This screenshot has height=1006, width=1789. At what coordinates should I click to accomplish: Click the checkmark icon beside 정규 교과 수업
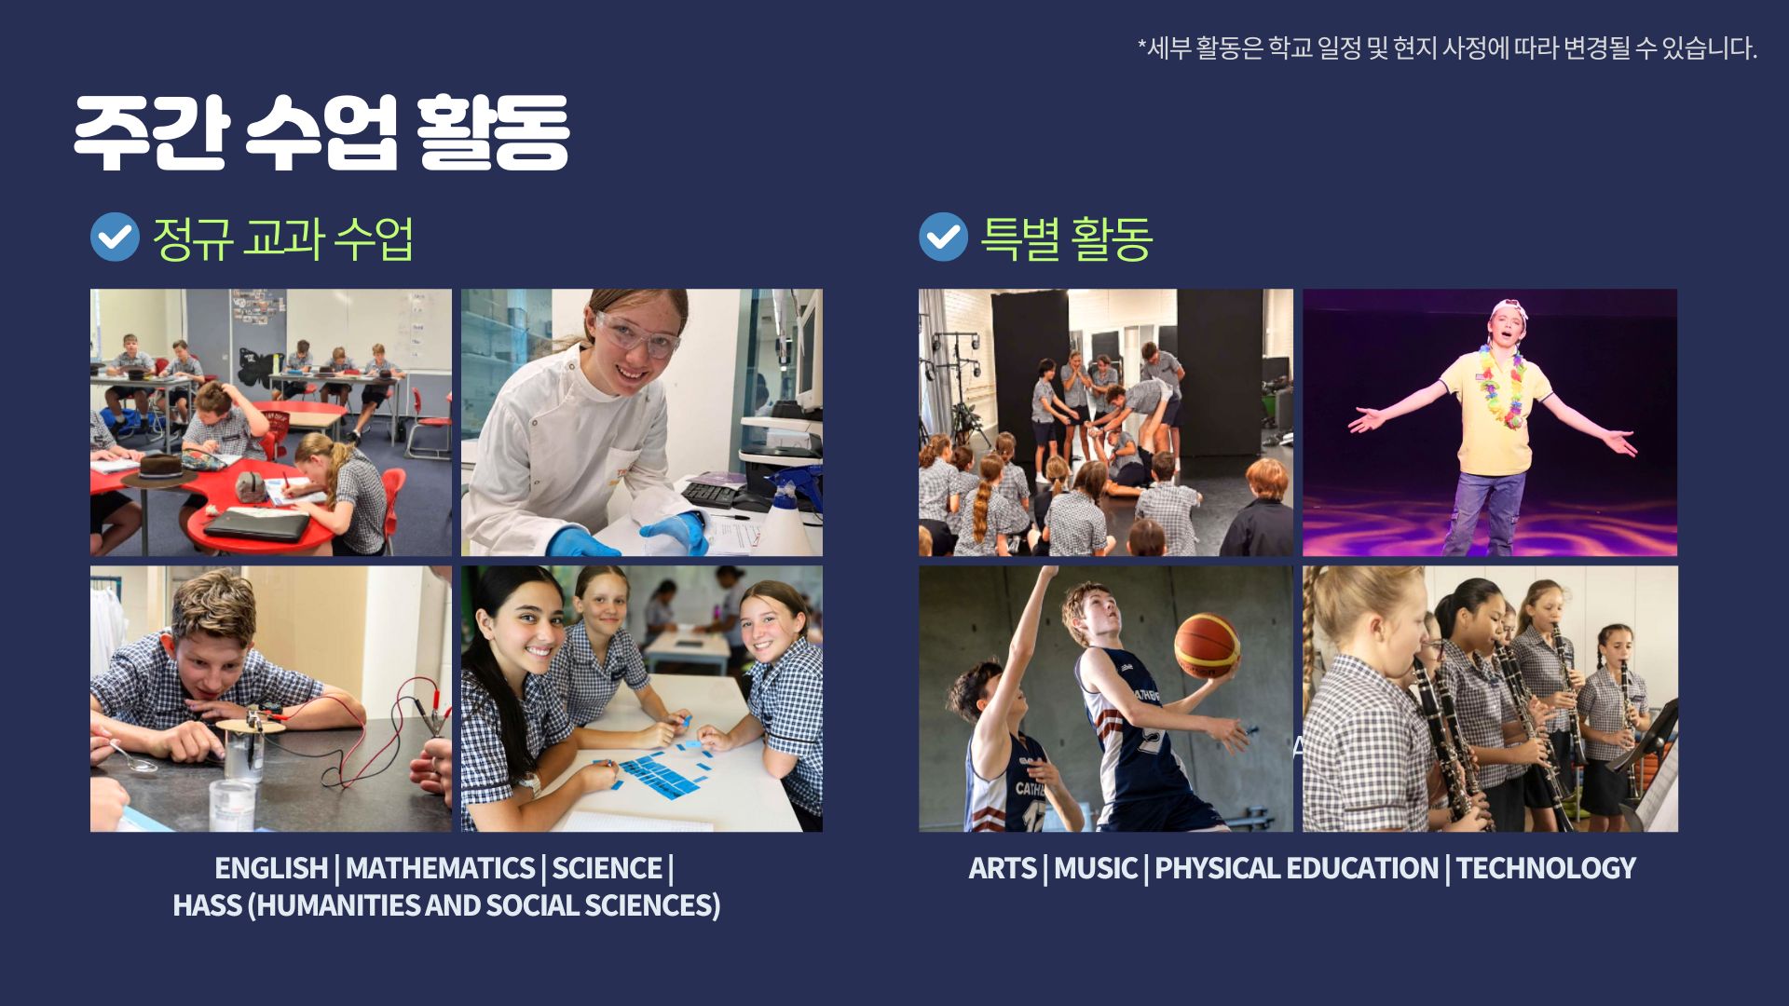(115, 237)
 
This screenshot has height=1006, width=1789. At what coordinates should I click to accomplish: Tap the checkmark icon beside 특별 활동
(943, 237)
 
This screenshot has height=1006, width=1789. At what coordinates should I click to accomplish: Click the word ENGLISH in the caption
(271, 868)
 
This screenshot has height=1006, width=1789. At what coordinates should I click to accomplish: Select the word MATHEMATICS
(440, 868)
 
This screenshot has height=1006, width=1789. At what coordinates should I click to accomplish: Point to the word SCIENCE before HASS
(607, 868)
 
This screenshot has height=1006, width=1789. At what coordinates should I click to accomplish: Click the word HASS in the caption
(207, 905)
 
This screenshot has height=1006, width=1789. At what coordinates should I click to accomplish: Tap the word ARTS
(1003, 868)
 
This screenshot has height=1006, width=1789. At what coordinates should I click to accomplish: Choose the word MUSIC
(1096, 868)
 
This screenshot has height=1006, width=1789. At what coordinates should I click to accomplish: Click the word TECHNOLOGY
(1546, 868)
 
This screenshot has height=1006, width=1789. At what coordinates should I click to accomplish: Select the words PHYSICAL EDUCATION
(1296, 868)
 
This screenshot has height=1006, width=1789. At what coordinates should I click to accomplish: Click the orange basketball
(1207, 644)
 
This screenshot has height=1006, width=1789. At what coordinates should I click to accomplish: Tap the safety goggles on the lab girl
(636, 333)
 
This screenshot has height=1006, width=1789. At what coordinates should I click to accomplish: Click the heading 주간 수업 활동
(321, 132)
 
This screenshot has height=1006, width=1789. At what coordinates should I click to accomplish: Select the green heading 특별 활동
(1067, 238)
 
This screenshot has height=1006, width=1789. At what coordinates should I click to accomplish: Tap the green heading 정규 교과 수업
(282, 238)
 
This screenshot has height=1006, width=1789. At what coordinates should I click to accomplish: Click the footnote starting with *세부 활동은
(1447, 48)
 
